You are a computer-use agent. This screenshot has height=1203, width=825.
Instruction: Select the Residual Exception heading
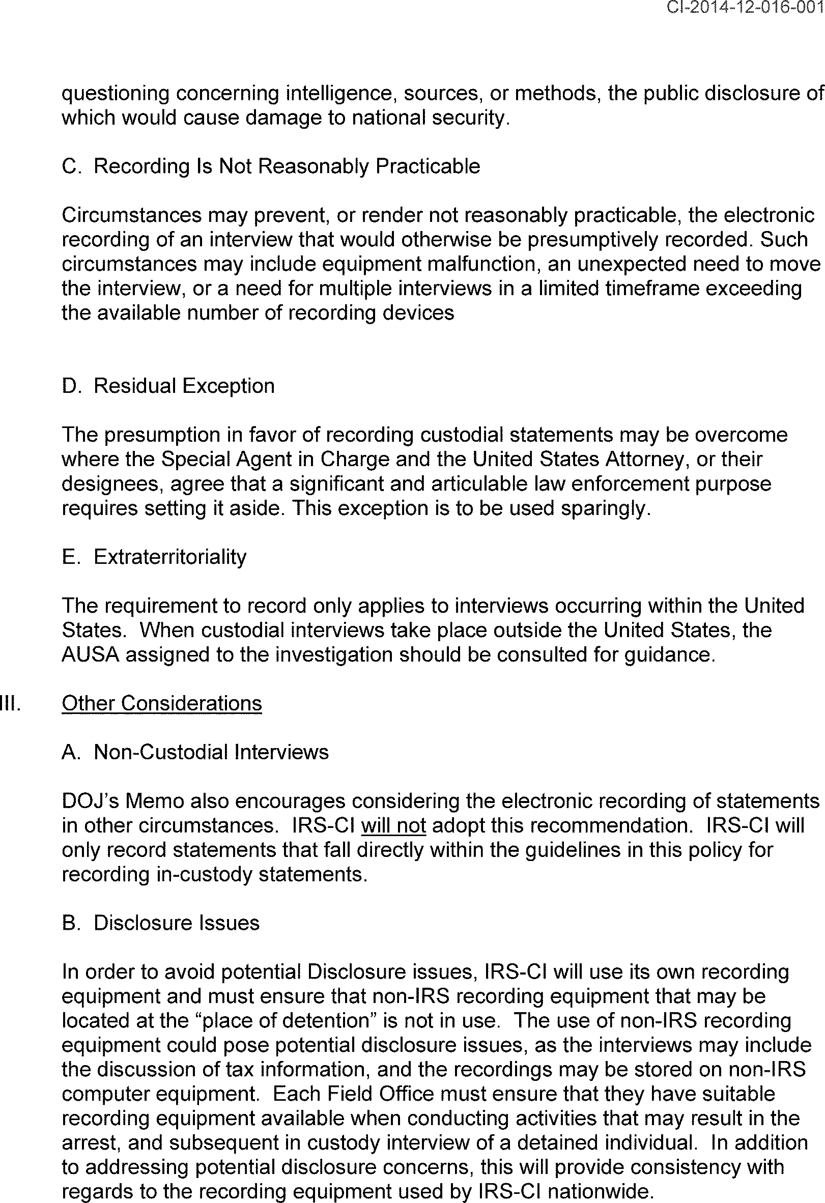184,386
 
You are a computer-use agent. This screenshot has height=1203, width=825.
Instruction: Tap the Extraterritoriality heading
170,557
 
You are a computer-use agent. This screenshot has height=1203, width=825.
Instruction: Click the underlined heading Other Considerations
161,703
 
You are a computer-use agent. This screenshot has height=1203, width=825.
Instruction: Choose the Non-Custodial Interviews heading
211,752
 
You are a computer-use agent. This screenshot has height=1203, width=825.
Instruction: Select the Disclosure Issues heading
176,923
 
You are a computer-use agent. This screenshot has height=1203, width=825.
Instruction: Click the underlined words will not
393,825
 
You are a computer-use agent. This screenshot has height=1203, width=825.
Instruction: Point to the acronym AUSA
91,654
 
